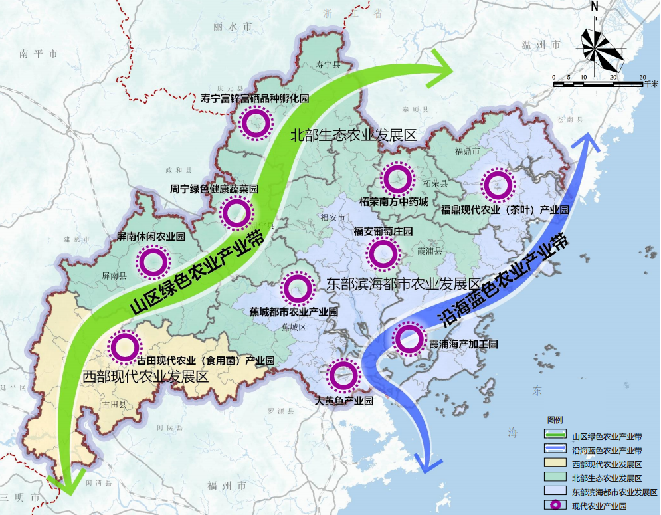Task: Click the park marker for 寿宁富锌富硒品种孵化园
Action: click(255, 122)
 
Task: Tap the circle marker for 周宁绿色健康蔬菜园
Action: click(236, 213)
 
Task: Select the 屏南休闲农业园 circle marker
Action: click(153, 262)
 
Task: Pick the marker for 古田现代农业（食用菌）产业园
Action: click(125, 346)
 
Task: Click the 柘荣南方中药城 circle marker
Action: click(397, 179)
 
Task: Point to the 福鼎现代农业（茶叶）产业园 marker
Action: click(498, 185)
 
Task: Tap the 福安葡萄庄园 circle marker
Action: click(383, 253)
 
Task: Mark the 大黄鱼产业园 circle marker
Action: click(343, 376)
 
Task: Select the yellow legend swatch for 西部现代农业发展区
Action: click(553, 464)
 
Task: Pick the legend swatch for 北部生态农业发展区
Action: click(553, 478)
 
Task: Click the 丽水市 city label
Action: click(233, 27)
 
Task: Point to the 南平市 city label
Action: click(39, 53)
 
